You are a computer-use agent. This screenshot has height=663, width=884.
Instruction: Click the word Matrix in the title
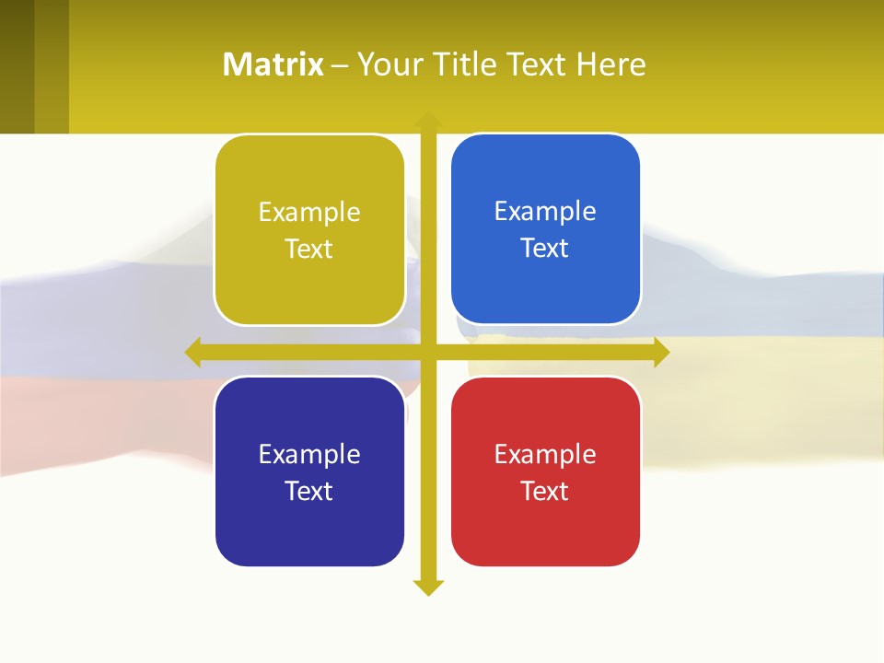(x=273, y=64)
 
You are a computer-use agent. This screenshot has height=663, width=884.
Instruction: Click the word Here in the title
(x=611, y=64)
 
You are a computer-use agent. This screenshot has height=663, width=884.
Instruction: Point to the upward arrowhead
(x=428, y=120)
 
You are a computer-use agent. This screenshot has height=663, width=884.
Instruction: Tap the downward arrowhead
(x=428, y=587)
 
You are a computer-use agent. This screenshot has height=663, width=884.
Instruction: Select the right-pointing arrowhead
(x=661, y=352)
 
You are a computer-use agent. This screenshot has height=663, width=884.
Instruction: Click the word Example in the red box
(x=545, y=454)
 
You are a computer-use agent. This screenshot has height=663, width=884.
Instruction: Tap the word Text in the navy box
(x=309, y=491)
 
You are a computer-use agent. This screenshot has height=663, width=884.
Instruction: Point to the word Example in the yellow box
(x=309, y=212)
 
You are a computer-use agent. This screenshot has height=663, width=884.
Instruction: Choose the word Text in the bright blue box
(x=545, y=249)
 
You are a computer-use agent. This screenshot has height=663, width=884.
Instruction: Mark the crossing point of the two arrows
(x=428, y=352)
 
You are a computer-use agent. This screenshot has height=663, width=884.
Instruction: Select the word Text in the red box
(x=545, y=491)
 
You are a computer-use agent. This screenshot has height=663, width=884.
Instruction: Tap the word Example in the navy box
(x=309, y=454)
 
